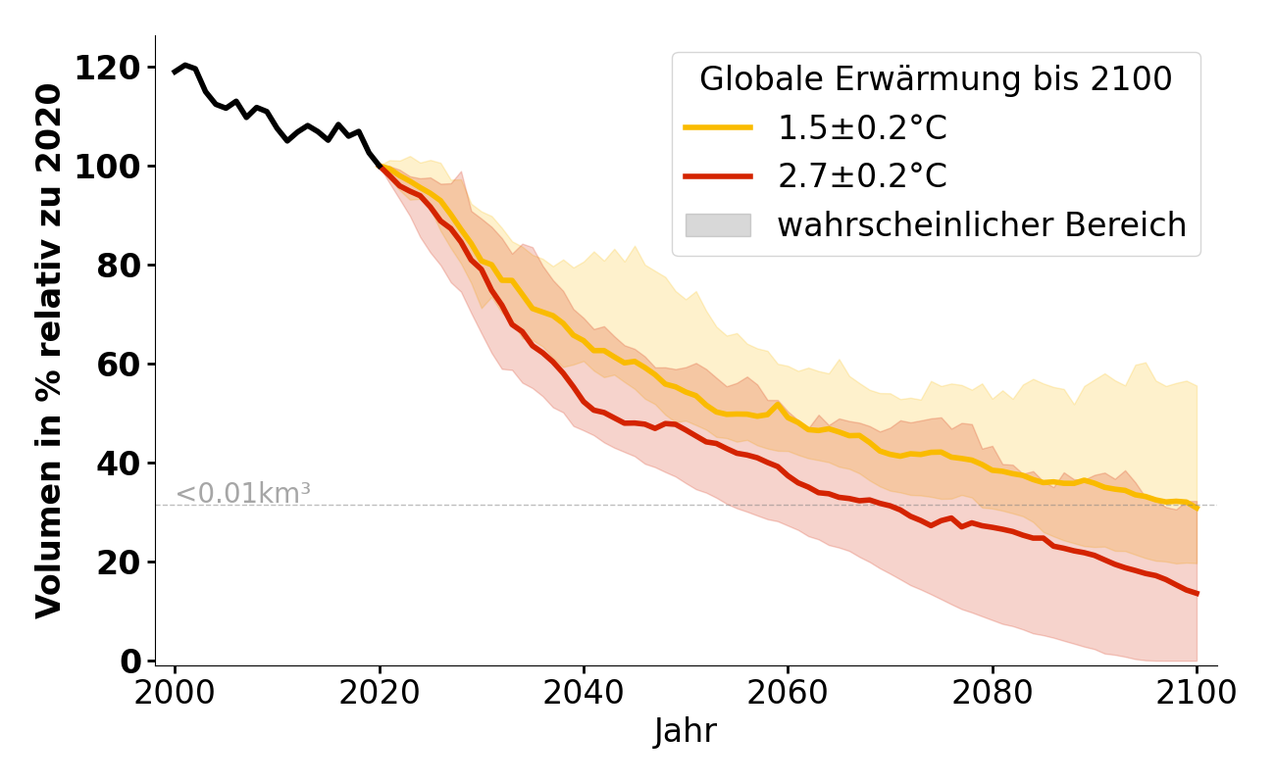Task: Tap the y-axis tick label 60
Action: tap(116, 365)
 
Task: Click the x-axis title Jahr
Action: tap(686, 732)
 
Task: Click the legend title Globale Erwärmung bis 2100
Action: tap(936, 79)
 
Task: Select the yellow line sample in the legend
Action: tap(718, 128)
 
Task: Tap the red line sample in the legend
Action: tap(718, 176)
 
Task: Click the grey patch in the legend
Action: tap(718, 225)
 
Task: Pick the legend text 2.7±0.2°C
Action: tap(862, 176)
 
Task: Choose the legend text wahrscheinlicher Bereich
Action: tap(982, 225)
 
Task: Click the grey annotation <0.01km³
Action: tap(243, 494)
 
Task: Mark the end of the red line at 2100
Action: tap(1197, 593)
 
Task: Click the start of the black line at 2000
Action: tap(176, 72)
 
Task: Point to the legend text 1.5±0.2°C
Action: tap(862, 128)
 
